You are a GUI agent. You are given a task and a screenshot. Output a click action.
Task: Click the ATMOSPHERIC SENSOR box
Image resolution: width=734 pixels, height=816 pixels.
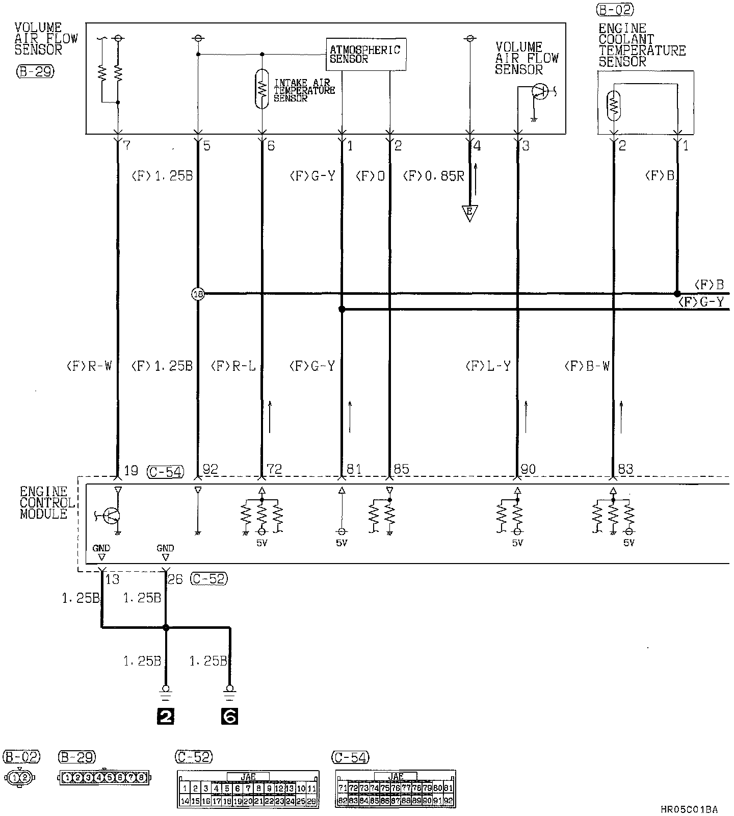pyautogui.click(x=366, y=54)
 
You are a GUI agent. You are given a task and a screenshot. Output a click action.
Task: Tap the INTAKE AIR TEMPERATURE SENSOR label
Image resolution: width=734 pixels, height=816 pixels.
pyautogui.click(x=304, y=91)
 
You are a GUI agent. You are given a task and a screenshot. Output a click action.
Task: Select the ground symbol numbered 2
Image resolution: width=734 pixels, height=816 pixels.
pyautogui.click(x=166, y=717)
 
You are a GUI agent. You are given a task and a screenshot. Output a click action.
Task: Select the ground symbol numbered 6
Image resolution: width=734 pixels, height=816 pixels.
pyautogui.click(x=230, y=717)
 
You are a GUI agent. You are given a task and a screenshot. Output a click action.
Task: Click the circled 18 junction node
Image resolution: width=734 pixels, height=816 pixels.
pyautogui.click(x=198, y=294)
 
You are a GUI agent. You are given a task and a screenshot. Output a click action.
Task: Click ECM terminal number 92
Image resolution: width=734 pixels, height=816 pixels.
pyautogui.click(x=210, y=469)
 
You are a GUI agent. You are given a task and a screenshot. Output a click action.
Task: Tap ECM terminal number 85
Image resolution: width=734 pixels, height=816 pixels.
pyautogui.click(x=401, y=469)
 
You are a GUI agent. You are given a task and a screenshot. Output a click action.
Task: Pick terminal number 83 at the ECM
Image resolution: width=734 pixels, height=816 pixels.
pyautogui.click(x=625, y=469)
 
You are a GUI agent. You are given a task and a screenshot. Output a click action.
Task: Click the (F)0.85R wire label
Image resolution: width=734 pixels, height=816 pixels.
pyautogui.click(x=433, y=176)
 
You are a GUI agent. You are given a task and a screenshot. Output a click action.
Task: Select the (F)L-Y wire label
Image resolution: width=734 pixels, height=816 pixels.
pyautogui.click(x=488, y=366)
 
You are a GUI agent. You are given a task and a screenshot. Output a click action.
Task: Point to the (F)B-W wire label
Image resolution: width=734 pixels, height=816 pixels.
pyautogui.click(x=587, y=366)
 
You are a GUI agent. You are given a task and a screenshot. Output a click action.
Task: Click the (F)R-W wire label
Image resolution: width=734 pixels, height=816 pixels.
pyautogui.click(x=89, y=366)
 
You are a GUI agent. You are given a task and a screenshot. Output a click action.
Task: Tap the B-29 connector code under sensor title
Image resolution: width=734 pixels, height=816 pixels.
pyautogui.click(x=34, y=72)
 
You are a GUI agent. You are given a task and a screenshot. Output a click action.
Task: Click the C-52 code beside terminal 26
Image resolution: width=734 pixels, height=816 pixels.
pyautogui.click(x=208, y=579)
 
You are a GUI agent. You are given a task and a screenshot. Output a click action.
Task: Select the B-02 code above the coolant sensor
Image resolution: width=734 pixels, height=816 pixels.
pyautogui.click(x=615, y=10)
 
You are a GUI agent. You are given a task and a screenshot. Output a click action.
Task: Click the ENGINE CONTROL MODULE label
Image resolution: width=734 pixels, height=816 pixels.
pyautogui.click(x=44, y=503)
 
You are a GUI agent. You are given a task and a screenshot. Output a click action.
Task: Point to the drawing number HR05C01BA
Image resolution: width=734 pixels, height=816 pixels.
pyautogui.click(x=689, y=809)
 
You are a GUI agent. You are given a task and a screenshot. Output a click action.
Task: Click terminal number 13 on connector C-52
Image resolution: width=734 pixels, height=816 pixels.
pyautogui.click(x=112, y=579)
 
